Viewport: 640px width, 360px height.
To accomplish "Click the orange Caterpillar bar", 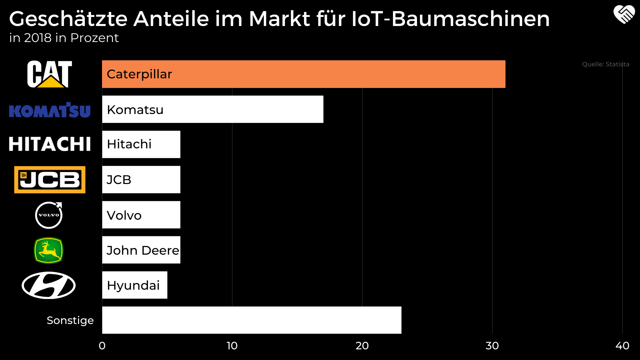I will coord(303,74).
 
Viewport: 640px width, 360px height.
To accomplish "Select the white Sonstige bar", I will coord(252,320).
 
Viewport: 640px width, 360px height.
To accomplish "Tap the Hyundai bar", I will coord(135,285).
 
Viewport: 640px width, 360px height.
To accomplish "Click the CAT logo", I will coord(49,74).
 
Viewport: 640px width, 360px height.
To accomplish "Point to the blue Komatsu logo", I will coord(50,110).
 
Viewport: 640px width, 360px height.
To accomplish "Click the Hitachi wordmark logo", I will coord(50,144).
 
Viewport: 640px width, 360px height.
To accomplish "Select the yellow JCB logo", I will coord(50,180).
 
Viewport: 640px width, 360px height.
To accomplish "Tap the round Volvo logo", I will coord(49,215).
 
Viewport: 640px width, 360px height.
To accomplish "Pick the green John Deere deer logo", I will coord(49,250).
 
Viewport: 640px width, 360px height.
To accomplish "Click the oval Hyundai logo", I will coord(49,285).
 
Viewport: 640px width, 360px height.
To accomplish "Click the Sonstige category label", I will coord(70,320).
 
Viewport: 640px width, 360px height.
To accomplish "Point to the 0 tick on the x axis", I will coord(102,346).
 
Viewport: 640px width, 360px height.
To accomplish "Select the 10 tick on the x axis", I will coord(232,346).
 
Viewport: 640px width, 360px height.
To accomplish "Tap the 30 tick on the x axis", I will coord(492,346).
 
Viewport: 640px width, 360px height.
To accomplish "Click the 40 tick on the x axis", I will coord(622,346).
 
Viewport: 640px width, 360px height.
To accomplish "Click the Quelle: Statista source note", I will coord(605,64).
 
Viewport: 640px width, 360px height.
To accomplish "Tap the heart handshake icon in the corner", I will coord(624,15).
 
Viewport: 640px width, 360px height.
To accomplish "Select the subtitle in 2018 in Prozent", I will coord(64,38).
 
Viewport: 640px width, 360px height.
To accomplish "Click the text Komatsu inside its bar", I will coord(135,110).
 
